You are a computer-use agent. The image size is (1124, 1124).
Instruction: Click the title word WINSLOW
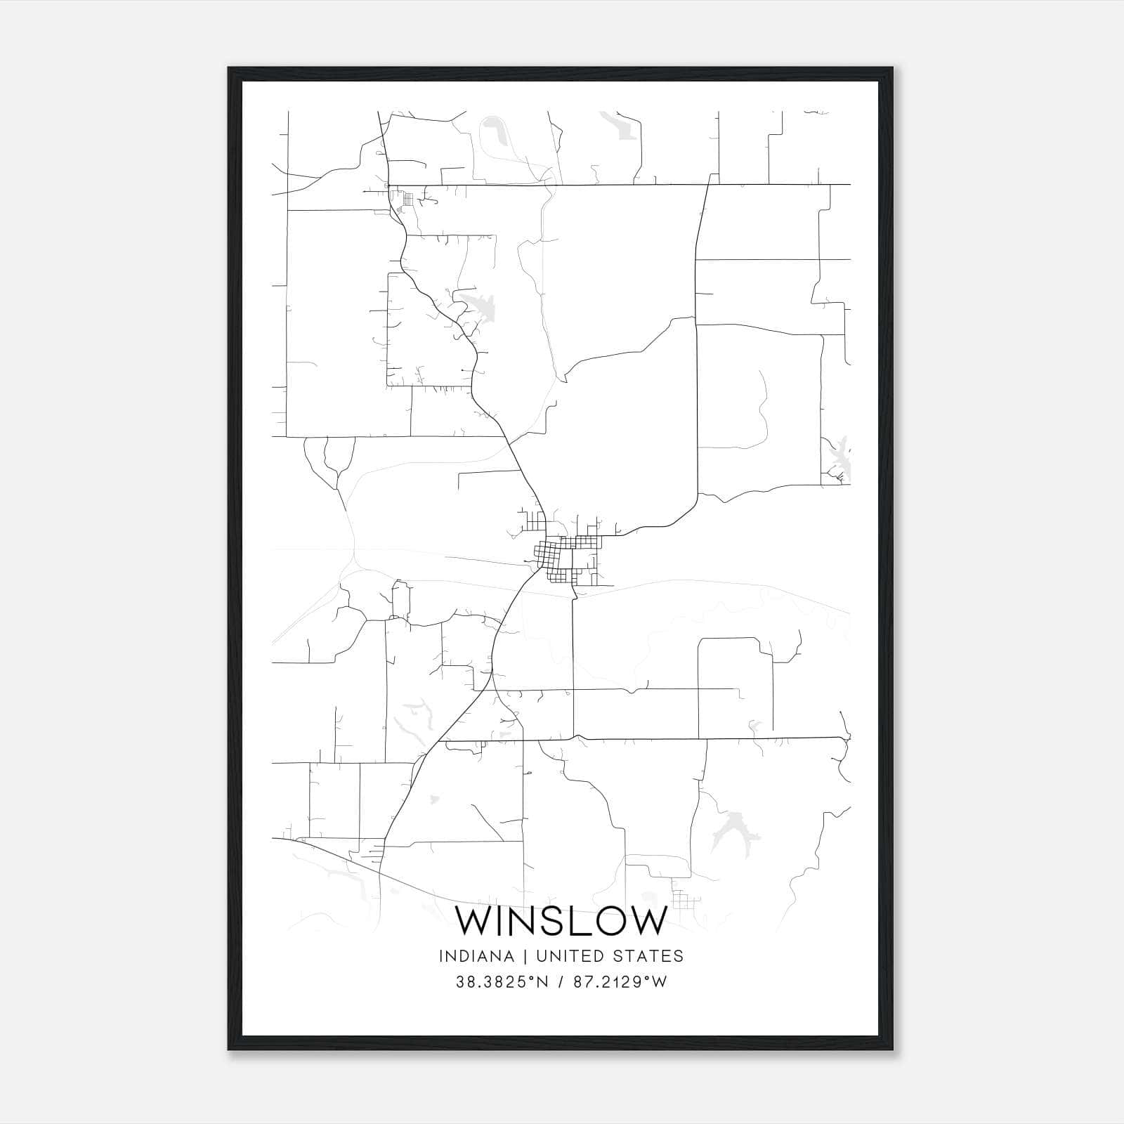click(x=561, y=920)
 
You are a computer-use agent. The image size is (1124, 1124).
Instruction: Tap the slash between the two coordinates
click(x=560, y=982)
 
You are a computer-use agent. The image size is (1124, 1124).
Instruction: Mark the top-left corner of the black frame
click(x=229, y=68)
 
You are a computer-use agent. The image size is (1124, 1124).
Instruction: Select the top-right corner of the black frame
click(x=893, y=68)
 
